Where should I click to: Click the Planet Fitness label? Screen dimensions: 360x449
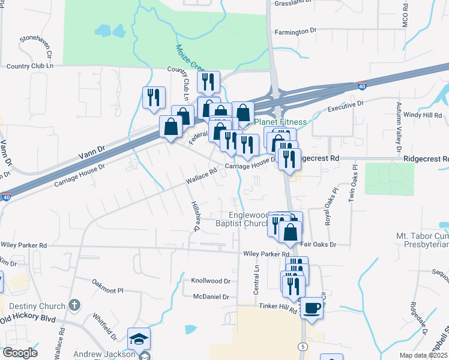click(x=280, y=122)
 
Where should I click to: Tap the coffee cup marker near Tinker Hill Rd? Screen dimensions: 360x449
click(x=312, y=308)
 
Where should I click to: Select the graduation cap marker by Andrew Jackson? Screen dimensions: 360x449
click(x=139, y=339)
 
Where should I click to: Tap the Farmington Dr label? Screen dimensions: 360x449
click(x=295, y=31)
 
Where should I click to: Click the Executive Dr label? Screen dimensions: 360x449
click(x=345, y=107)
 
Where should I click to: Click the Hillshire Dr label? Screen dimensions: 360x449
click(x=194, y=216)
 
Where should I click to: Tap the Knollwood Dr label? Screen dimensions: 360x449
click(x=211, y=280)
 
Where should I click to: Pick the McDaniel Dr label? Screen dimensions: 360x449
click(x=211, y=296)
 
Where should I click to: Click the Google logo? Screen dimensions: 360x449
click(x=20, y=352)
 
